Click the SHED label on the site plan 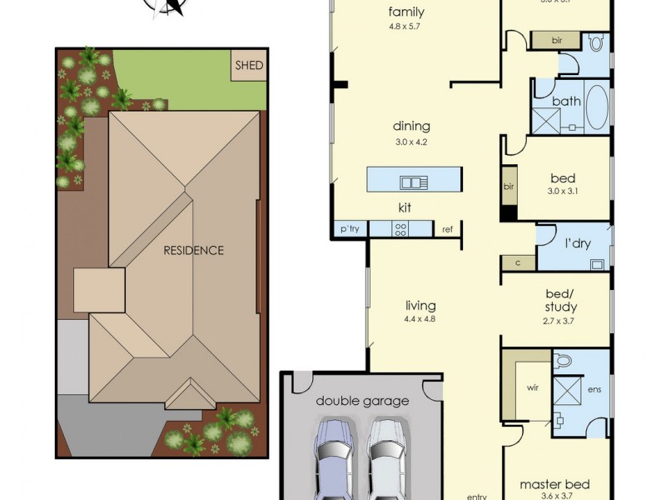point(249,66)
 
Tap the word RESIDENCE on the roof point(193,250)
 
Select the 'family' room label point(407,12)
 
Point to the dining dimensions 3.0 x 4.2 point(412,142)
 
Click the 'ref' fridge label point(448,229)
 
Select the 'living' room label point(420,306)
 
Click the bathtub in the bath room point(596,107)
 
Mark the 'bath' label point(567,102)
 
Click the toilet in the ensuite point(563,361)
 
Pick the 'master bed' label point(554,484)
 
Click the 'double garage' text point(362,401)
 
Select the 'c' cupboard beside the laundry point(518,263)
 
